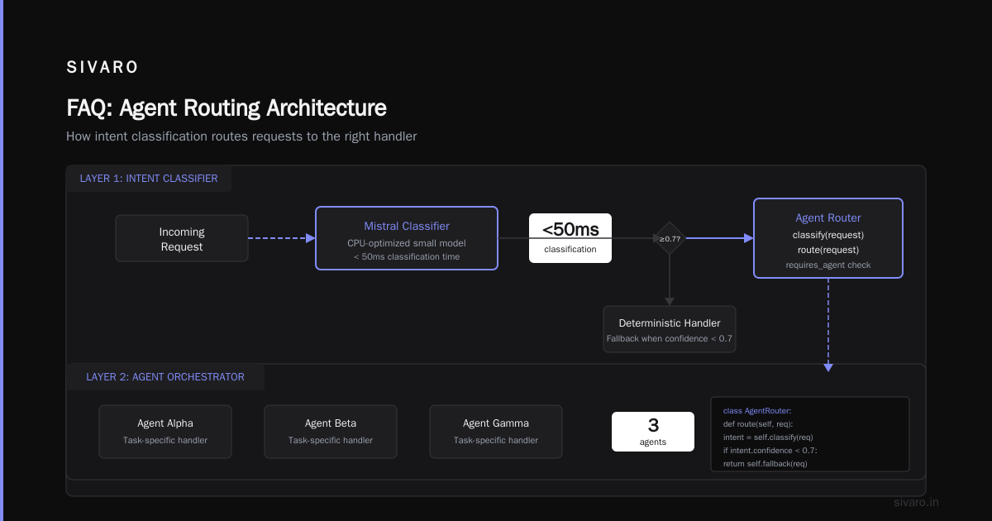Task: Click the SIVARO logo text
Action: pos(102,67)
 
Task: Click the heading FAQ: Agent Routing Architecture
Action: pos(227,108)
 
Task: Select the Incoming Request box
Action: pos(182,238)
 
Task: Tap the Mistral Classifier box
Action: pos(407,238)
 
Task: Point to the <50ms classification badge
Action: pos(570,238)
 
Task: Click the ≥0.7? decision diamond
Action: pos(669,238)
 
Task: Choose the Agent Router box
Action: pos(828,238)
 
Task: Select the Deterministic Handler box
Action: pos(669,329)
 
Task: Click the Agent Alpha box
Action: pos(165,432)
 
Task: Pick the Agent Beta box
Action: pos(331,432)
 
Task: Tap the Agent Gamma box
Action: pos(495,432)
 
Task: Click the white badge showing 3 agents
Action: pos(653,432)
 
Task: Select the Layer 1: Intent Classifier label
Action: pos(149,179)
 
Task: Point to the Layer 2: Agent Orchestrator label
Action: pos(165,377)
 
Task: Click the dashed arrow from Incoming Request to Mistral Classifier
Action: pos(282,238)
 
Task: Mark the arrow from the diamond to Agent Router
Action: pos(720,238)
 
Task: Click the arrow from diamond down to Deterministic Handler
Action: pos(669,280)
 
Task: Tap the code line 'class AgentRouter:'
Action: pos(757,411)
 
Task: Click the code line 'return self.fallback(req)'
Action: pos(765,464)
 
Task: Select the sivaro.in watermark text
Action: pos(916,502)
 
